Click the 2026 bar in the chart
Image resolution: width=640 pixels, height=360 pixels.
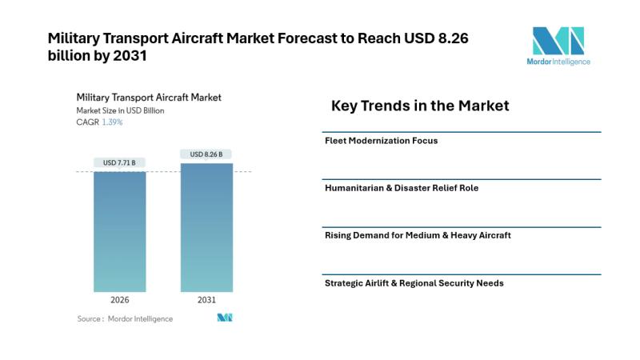click(x=119, y=231)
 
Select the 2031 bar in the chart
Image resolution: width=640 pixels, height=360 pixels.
click(x=206, y=227)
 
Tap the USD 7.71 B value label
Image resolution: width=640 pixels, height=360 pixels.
click(x=119, y=162)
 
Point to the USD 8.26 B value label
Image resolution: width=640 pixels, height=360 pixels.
click(x=206, y=154)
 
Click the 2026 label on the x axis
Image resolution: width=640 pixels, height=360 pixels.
click(x=119, y=302)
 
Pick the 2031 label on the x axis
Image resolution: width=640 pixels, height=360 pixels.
click(x=206, y=302)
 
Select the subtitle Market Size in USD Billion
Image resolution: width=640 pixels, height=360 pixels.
click(x=120, y=110)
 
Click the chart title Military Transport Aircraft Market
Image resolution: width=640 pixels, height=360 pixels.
click(x=149, y=98)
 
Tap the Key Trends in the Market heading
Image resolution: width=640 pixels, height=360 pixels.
click(x=420, y=106)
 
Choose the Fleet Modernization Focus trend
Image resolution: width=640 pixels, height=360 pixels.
click(x=382, y=141)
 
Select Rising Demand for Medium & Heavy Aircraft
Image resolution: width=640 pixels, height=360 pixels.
click(x=418, y=235)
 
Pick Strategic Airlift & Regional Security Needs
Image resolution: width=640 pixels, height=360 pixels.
click(x=414, y=282)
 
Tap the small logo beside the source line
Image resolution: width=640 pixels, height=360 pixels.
click(x=224, y=318)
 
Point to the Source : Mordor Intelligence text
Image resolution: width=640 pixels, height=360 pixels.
click(x=125, y=318)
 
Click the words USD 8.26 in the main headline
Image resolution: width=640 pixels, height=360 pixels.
click(x=457, y=37)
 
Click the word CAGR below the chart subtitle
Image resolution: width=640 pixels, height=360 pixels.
click(x=86, y=122)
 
